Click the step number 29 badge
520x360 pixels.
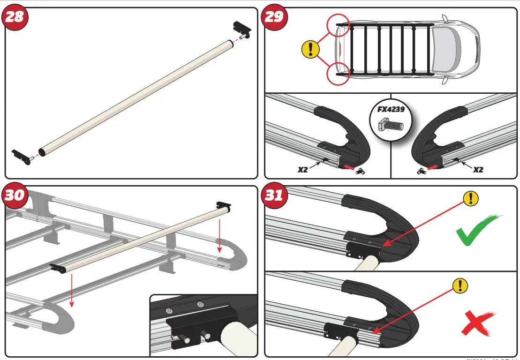pyautogui.click(x=274, y=17)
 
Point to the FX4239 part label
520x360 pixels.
pyautogui.click(x=390, y=110)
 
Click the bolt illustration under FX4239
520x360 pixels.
pyautogui.click(x=390, y=124)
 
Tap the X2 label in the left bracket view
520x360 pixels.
pyautogui.click(x=303, y=170)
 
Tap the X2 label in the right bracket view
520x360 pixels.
pyautogui.click(x=477, y=170)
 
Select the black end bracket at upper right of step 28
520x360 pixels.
pyautogui.click(x=242, y=29)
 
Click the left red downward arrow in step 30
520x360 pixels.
pyautogui.click(x=71, y=291)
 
